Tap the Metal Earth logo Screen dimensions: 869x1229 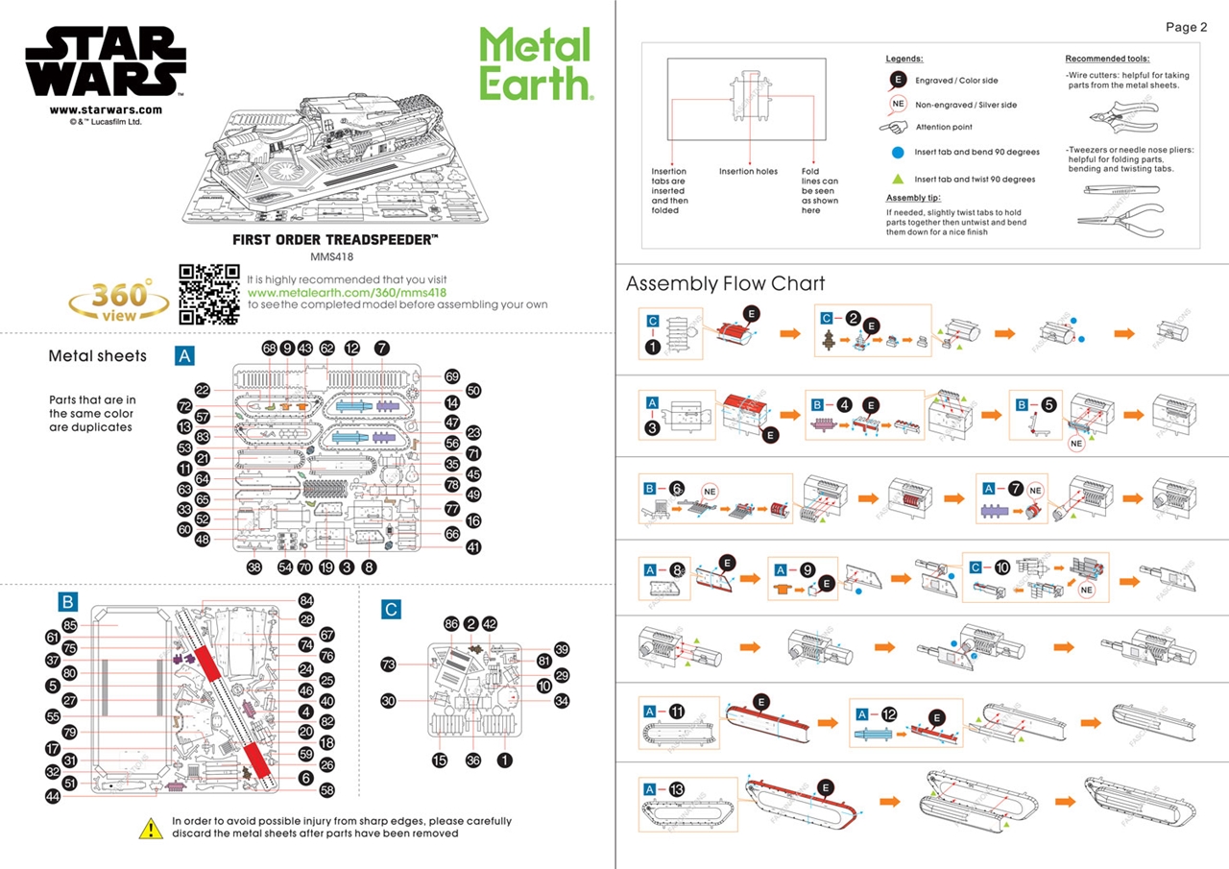click(536, 63)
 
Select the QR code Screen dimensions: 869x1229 click(208, 294)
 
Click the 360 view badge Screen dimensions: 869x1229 click(119, 301)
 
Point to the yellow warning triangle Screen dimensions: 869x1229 click(150, 828)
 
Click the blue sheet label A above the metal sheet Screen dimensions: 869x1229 click(185, 356)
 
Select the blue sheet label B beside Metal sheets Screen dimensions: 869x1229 click(67, 602)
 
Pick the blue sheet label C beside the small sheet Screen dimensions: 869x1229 click(391, 609)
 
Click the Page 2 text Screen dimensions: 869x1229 click(1186, 27)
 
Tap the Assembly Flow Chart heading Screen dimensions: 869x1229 click(725, 284)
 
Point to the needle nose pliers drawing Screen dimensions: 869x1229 click(1121, 220)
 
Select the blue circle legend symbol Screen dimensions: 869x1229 click(897, 152)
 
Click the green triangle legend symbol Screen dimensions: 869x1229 click(897, 179)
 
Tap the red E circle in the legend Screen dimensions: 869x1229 click(898, 81)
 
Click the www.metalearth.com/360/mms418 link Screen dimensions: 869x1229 click(347, 292)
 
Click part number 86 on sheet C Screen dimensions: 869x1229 click(451, 624)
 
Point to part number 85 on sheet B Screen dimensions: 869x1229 click(69, 624)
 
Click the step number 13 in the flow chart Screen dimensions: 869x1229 click(677, 788)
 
